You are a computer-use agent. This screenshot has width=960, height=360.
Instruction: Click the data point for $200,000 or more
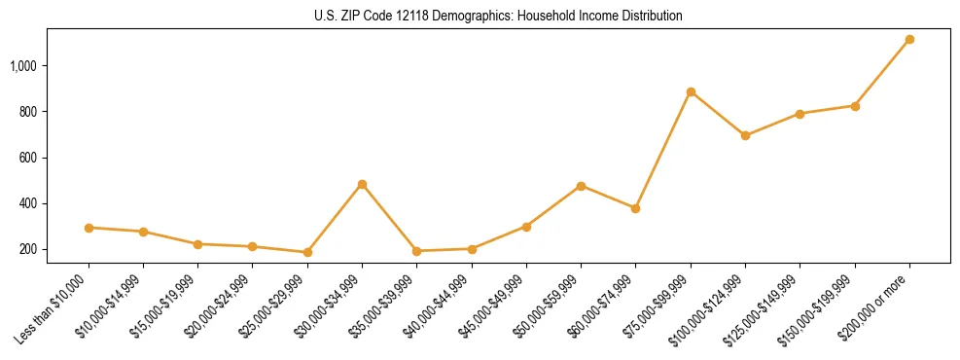(x=909, y=39)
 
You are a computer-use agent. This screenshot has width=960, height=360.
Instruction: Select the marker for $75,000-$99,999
(x=691, y=92)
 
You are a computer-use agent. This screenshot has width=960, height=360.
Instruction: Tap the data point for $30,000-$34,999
(x=362, y=184)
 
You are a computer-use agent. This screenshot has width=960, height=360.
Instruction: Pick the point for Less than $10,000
(x=89, y=228)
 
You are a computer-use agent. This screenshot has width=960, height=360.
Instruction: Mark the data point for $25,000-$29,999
(x=307, y=252)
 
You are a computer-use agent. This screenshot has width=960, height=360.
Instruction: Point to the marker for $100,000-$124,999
(x=745, y=135)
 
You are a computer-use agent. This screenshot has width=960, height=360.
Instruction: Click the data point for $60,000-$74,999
(x=635, y=208)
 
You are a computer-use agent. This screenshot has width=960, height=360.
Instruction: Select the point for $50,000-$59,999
(x=581, y=186)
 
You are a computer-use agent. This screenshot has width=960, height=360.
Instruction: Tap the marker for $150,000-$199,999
(x=855, y=106)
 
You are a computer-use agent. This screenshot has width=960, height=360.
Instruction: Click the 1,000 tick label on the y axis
(x=24, y=66)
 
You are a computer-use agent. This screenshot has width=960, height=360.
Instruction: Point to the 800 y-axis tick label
(x=28, y=112)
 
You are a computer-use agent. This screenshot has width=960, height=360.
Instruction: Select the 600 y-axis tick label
(x=28, y=158)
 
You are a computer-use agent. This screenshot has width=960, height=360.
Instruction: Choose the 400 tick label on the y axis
(x=28, y=203)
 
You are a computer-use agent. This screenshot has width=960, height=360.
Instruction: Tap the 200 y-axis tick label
(x=28, y=249)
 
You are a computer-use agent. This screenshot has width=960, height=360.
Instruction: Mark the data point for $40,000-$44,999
(x=472, y=249)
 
